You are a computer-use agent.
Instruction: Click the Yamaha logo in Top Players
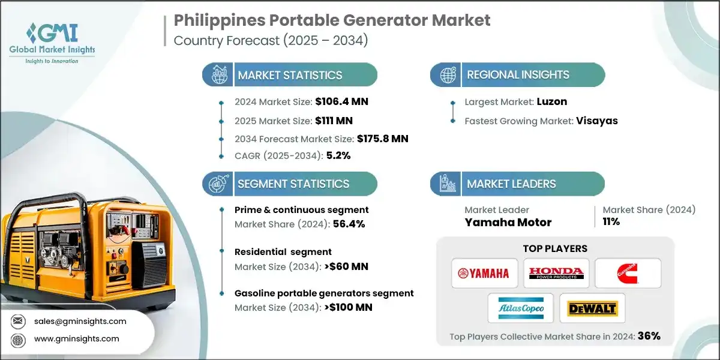(x=483, y=274)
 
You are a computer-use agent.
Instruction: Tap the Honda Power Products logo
(x=556, y=274)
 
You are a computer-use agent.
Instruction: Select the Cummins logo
(x=628, y=274)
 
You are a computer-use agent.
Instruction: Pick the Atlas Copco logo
(x=520, y=308)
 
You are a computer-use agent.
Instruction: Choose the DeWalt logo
(x=592, y=308)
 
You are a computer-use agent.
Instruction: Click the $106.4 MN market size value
(x=341, y=102)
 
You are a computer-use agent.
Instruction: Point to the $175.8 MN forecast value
(x=382, y=139)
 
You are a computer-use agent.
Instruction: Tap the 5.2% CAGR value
(x=338, y=155)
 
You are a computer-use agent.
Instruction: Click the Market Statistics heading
(x=290, y=75)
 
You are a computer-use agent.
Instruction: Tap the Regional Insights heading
(x=518, y=75)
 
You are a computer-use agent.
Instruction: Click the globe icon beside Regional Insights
(x=446, y=75)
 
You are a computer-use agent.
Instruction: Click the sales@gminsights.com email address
(x=80, y=321)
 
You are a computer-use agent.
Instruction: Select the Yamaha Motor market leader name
(x=508, y=223)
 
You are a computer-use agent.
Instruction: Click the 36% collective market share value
(x=648, y=337)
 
